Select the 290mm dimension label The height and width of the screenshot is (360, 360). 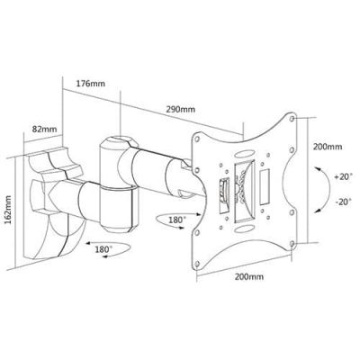[180, 109]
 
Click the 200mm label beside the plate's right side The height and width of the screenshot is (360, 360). [328, 147]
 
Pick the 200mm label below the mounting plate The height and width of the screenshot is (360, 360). [249, 276]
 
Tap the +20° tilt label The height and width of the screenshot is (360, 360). [343, 176]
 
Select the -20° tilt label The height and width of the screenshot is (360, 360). [343, 202]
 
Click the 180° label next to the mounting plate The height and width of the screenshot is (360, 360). [175, 220]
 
